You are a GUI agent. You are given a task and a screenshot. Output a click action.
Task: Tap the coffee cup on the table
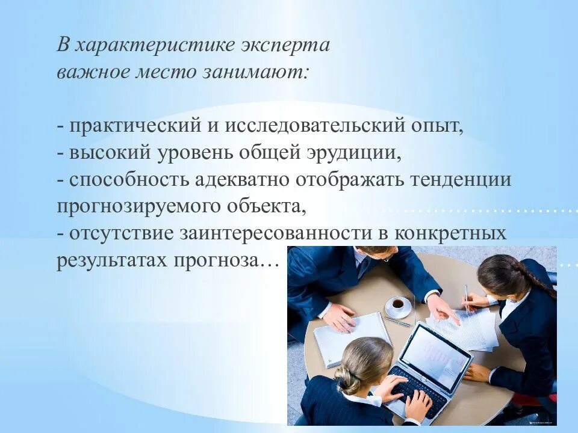(398, 305)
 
